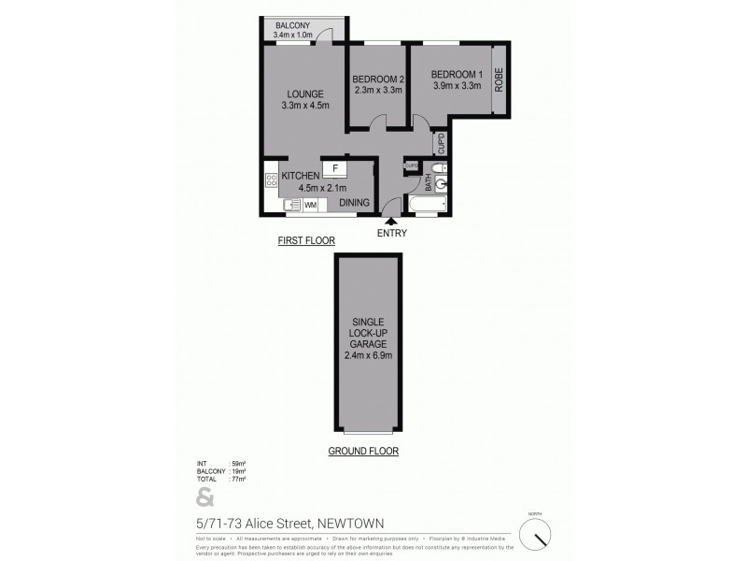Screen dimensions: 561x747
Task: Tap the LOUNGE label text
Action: (304, 93)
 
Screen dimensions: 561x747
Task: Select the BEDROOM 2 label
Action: (378, 79)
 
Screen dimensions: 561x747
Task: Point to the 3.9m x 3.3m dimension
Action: (457, 86)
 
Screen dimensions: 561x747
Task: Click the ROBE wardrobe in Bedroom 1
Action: (500, 79)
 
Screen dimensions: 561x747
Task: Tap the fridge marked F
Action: (335, 168)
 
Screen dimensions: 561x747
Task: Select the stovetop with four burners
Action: (271, 180)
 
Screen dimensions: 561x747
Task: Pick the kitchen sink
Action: (291, 205)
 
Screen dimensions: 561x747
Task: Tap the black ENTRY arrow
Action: (391, 221)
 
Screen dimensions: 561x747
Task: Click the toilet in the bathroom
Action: (442, 168)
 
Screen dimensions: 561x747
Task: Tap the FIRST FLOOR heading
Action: (306, 241)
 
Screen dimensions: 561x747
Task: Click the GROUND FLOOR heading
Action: (363, 451)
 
